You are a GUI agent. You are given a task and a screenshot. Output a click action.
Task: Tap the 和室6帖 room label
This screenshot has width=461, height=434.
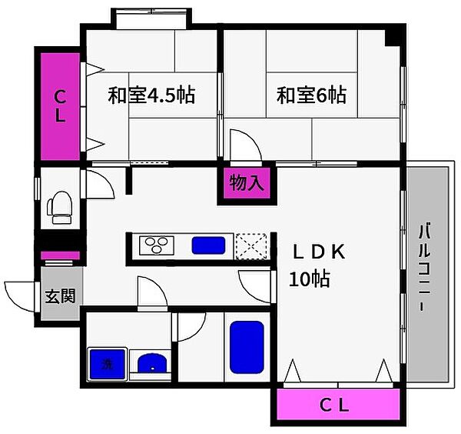pyautogui.click(x=311, y=96)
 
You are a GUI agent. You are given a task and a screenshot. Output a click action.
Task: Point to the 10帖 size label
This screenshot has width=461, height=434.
pyautogui.click(x=309, y=279)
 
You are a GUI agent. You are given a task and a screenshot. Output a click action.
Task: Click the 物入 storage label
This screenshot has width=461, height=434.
pyautogui.click(x=247, y=184)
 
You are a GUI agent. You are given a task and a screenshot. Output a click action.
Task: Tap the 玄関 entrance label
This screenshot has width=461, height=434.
pyautogui.click(x=60, y=295)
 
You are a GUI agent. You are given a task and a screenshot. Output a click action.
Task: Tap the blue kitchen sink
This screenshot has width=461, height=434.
pyautogui.click(x=208, y=246)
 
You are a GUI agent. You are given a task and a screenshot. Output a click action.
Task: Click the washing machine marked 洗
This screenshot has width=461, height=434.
pyautogui.click(x=105, y=363)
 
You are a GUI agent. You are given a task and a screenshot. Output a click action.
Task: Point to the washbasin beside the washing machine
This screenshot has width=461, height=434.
pyautogui.click(x=150, y=363)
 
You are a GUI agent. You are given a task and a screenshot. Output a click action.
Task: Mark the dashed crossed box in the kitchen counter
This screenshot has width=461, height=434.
pyautogui.click(x=252, y=246)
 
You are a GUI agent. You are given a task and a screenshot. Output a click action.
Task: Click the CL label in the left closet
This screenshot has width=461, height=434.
pyautogui.click(x=59, y=106)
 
